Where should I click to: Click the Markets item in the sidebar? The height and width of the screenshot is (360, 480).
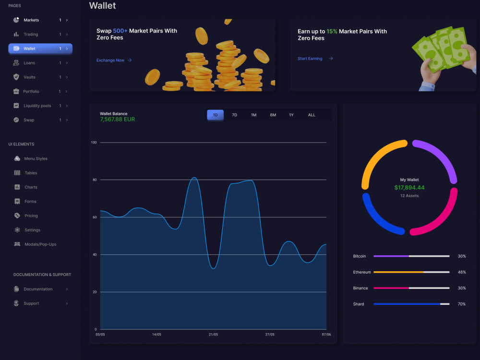coord(31,20)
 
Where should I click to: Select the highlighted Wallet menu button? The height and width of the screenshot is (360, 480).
coord(40,48)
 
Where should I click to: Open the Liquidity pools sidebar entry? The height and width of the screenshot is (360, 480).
coord(37,106)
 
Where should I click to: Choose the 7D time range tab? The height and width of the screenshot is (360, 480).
coord(235,115)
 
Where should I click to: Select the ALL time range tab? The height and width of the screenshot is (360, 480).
coord(312,115)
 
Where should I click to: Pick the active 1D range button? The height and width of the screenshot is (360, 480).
coord(215,115)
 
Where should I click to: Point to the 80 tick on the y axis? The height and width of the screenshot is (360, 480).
coord(95,180)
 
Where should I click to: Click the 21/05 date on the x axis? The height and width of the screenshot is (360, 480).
coord(213,334)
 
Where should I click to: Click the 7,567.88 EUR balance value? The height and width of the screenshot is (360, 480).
coord(117,120)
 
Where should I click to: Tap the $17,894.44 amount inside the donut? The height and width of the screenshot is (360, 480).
coord(409,188)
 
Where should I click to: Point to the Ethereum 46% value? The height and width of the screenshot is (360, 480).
coord(462,272)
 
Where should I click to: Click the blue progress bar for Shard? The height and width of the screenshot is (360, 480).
coord(407,304)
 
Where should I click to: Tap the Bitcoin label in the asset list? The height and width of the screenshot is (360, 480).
coord(360,256)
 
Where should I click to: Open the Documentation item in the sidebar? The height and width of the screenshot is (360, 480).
coord(38,289)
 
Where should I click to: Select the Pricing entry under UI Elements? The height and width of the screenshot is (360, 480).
coord(31,216)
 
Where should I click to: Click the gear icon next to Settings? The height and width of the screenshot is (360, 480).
coord(17,230)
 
